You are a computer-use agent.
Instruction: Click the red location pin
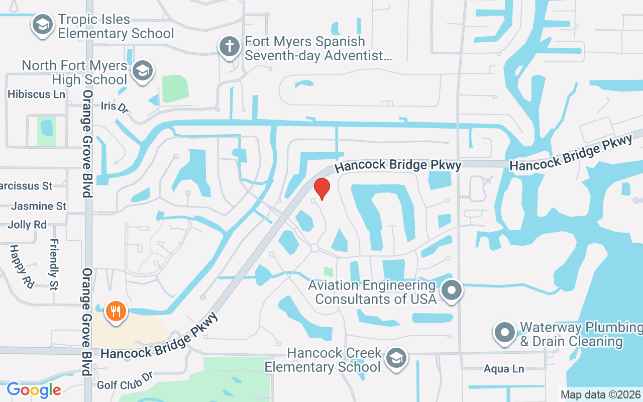(321, 188)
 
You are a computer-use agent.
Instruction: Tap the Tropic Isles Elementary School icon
(43, 24)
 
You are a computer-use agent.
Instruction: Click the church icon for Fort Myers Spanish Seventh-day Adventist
(229, 47)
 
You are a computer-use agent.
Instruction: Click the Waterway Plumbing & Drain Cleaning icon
(505, 332)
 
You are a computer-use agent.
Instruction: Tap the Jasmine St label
(39, 206)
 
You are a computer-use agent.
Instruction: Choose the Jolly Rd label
(27, 225)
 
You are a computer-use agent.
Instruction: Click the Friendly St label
(54, 264)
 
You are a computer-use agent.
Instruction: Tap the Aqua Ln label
(504, 369)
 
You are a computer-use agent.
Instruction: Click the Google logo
(34, 390)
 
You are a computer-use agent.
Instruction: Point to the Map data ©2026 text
(600, 394)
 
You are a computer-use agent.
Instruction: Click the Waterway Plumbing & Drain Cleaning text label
(580, 335)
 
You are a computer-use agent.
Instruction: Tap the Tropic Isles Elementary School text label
(116, 27)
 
